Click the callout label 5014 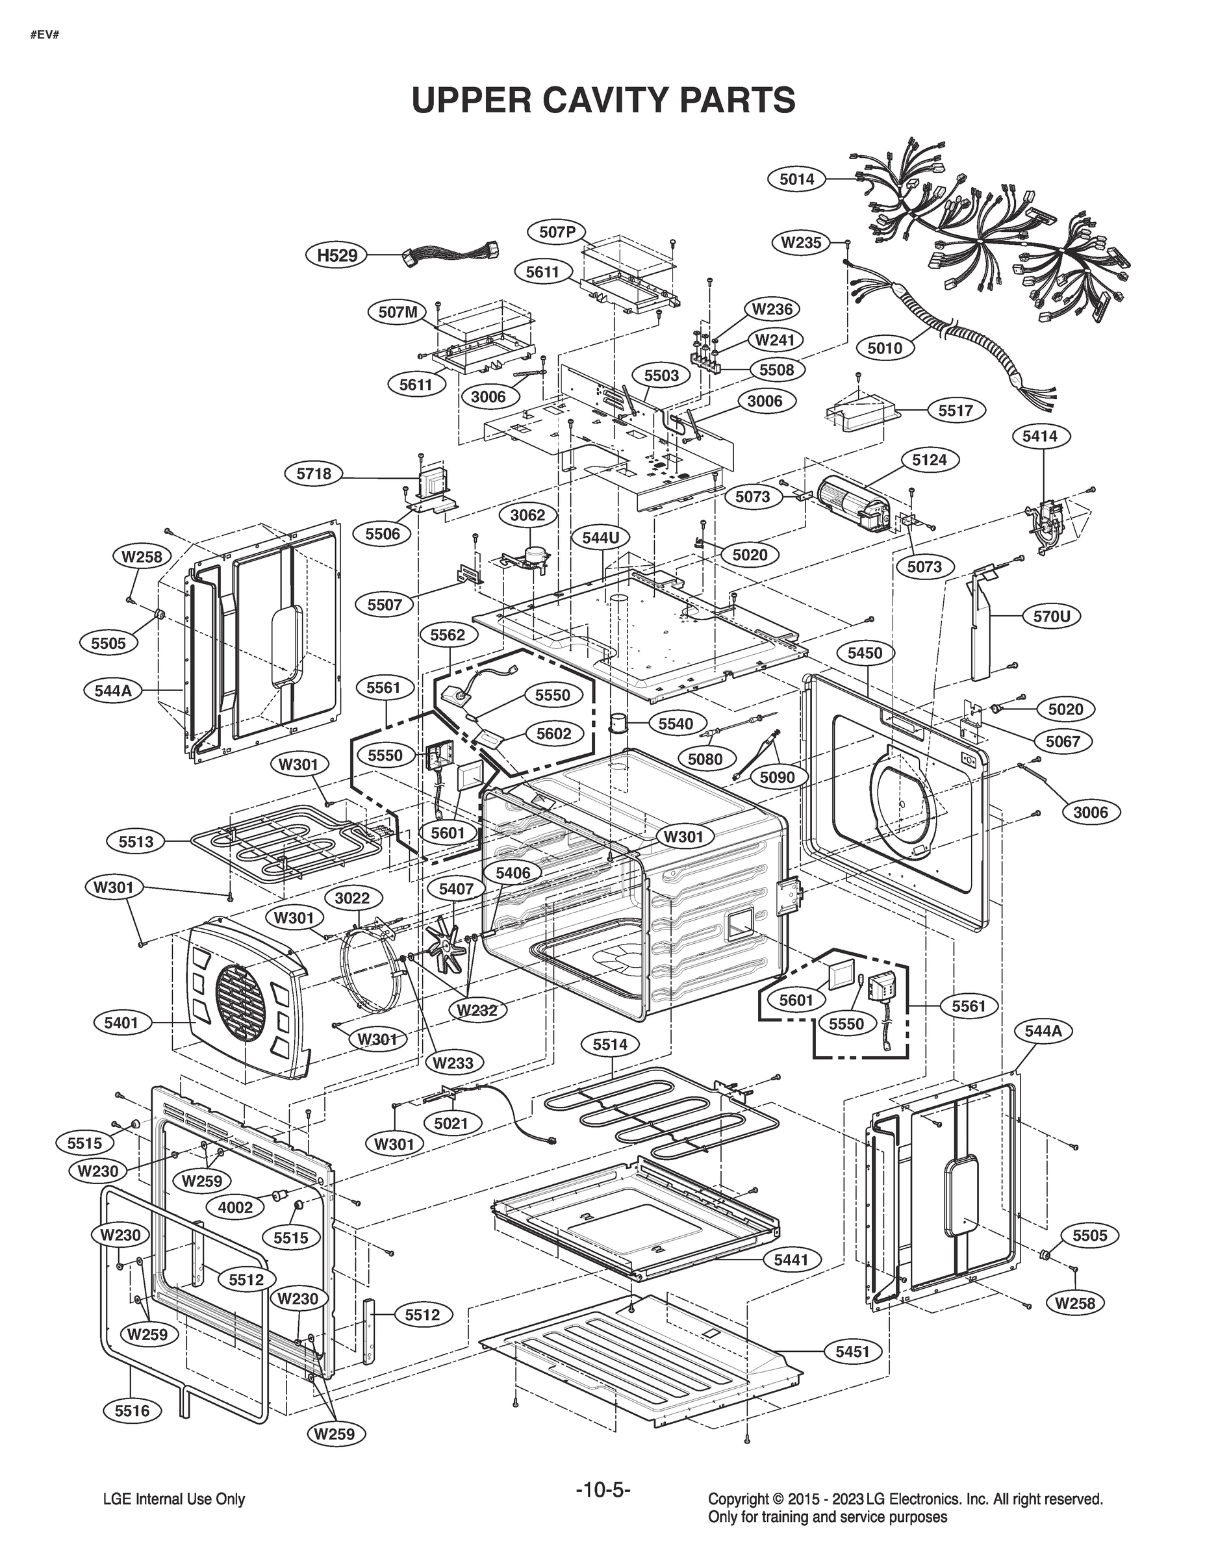click(796, 179)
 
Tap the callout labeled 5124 click(929, 460)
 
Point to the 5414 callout click(1039, 435)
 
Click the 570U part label click(1052, 616)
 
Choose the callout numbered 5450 click(865, 652)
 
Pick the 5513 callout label click(136, 842)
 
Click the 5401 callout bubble click(121, 1023)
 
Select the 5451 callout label click(852, 1351)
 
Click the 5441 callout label click(791, 1260)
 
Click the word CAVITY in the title click(605, 100)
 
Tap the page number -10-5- click(603, 1489)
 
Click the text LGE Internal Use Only click(174, 1500)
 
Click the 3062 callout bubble click(527, 515)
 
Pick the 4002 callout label click(235, 1207)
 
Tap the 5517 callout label click(955, 411)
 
